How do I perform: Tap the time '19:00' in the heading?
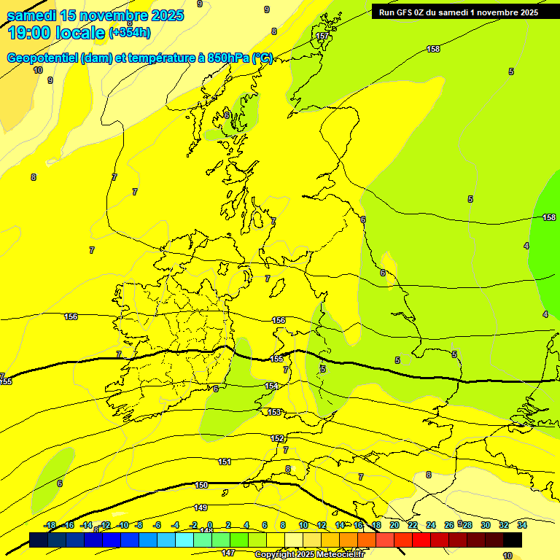tap(31, 33)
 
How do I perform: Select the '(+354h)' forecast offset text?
tap(129, 32)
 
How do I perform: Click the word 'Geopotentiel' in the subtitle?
tap(42, 58)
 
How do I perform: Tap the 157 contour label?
tap(322, 36)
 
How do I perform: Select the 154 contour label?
tap(271, 386)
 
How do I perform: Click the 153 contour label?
tap(274, 412)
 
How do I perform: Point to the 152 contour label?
tap(277, 438)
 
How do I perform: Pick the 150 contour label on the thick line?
tap(201, 485)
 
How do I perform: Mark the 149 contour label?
tap(201, 507)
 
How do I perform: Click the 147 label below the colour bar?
tap(228, 553)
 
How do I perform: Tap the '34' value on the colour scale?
tap(522, 525)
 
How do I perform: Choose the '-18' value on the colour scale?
tap(50, 525)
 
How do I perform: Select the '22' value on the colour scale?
tap(413, 525)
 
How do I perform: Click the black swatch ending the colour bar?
tap(513, 540)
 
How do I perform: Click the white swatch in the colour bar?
tap(294, 540)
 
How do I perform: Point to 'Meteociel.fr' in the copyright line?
tap(339, 554)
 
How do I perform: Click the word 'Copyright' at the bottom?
tap(273, 554)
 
